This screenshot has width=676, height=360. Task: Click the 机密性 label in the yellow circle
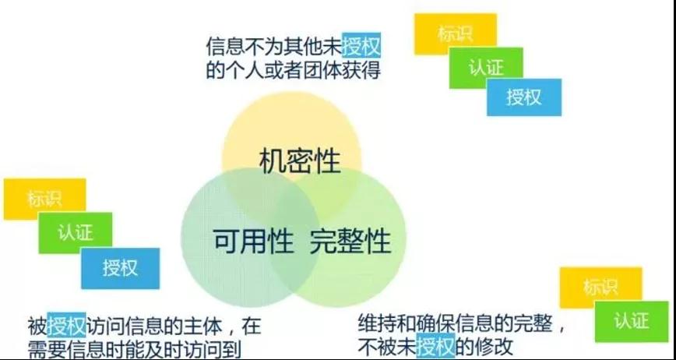(300, 161)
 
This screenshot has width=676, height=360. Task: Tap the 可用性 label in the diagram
(254, 240)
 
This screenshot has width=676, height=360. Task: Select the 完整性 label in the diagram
(350, 240)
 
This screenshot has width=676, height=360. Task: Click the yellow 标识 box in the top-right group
(456, 34)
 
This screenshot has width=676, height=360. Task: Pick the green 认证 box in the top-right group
(486, 68)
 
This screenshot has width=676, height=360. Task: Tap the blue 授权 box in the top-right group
(524, 97)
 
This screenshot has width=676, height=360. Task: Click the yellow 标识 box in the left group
(44, 199)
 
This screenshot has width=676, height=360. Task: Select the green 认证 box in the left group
(75, 233)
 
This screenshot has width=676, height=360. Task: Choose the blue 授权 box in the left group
(120, 268)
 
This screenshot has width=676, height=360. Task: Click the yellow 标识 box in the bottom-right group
(600, 288)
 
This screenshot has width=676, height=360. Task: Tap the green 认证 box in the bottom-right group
(632, 322)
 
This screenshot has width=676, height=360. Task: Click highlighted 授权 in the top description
(361, 45)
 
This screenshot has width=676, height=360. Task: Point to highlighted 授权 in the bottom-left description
(66, 324)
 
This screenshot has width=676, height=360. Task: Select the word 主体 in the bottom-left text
(202, 326)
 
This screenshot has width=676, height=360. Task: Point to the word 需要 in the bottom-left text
(47, 350)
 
